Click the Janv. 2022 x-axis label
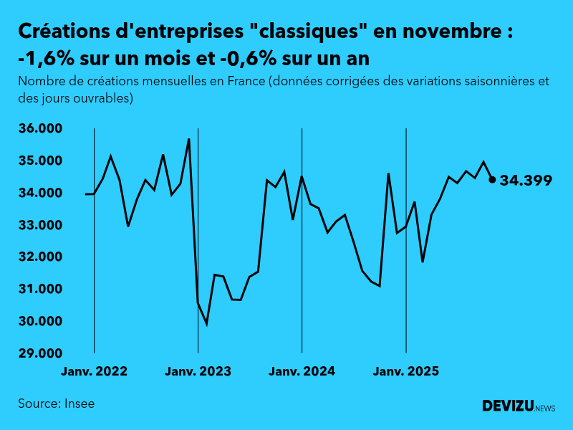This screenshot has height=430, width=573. (x=95, y=372)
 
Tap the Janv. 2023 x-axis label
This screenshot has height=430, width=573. (x=198, y=372)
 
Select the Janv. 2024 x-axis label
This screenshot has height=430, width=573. (x=302, y=372)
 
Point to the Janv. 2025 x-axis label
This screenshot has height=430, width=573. (x=406, y=372)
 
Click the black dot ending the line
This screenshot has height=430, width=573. (x=492, y=180)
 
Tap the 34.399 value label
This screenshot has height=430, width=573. (x=526, y=181)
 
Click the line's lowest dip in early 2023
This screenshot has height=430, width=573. (x=206, y=324)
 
